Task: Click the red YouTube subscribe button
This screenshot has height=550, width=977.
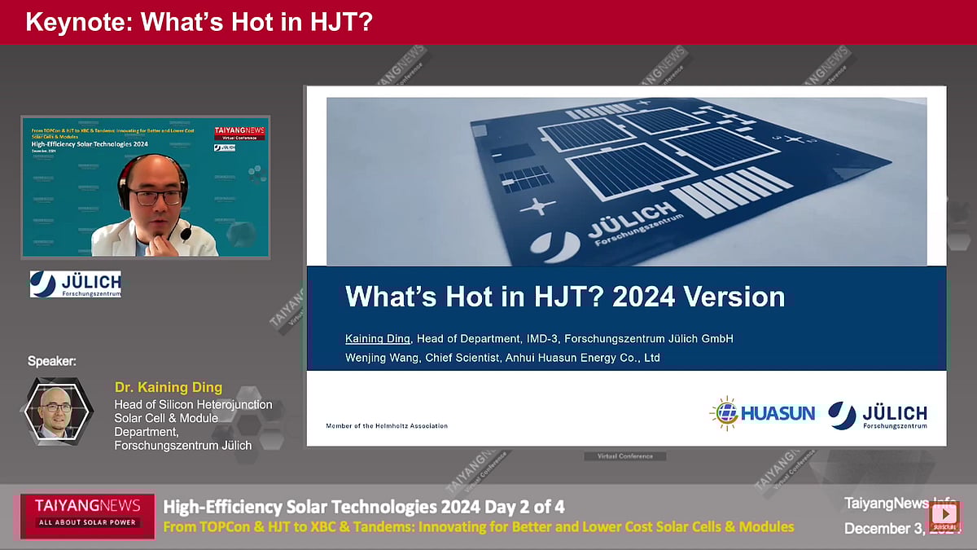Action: pyautogui.click(x=944, y=514)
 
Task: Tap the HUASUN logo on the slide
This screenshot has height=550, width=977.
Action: pyautogui.click(x=762, y=413)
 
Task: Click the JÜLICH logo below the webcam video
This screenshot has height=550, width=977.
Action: pyautogui.click(x=76, y=284)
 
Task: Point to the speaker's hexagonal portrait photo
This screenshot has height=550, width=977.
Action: pyautogui.click(x=56, y=410)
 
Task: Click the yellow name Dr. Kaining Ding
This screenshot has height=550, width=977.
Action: pyautogui.click(x=168, y=388)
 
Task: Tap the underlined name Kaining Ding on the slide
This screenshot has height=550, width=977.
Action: pyautogui.click(x=379, y=338)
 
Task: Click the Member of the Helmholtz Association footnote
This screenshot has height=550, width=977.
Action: pyautogui.click(x=387, y=426)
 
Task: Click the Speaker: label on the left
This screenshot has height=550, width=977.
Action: pyautogui.click(x=52, y=361)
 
